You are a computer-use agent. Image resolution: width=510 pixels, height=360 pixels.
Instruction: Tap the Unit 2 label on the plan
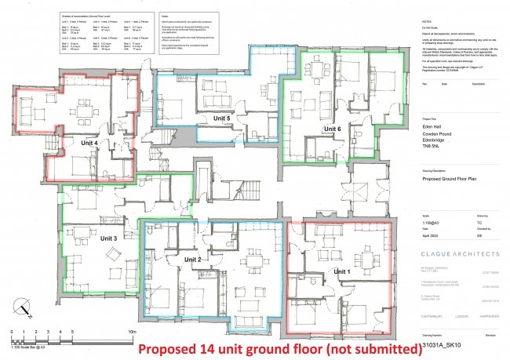coord(194,259)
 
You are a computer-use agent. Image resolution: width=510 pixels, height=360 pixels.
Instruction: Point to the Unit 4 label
coord(88,144)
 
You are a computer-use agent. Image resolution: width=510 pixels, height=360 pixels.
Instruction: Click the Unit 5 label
coord(223,118)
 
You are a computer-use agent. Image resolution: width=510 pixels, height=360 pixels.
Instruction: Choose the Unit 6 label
coord(332,128)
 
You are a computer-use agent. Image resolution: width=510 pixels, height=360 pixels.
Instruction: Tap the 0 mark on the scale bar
coord(13,333)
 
